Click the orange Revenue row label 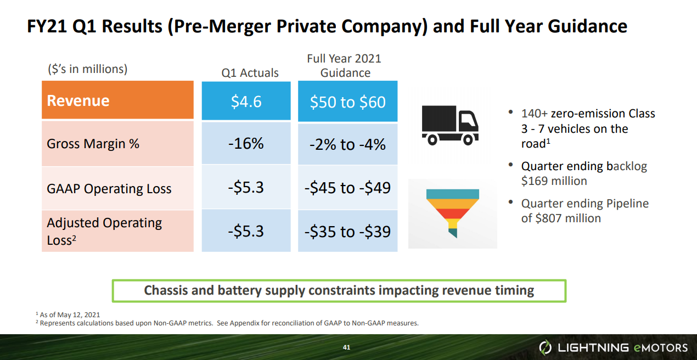coord(117,100)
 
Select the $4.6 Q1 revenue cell coord(246,101)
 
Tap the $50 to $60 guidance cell coord(347,102)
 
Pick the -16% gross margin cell coord(246,144)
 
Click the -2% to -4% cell coord(347,144)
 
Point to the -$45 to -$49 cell coord(347,188)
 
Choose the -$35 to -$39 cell coord(347,231)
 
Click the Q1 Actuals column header coord(250,73)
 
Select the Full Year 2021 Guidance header coord(345,66)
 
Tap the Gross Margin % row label coord(93,144)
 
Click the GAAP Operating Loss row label coord(109,189)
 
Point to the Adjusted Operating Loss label coord(104,231)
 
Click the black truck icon coord(449,126)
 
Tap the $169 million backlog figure coord(554,181)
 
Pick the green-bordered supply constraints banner coord(339,290)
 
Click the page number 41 coord(346,347)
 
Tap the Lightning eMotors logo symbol coord(546,347)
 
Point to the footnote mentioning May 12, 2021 coord(68,314)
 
